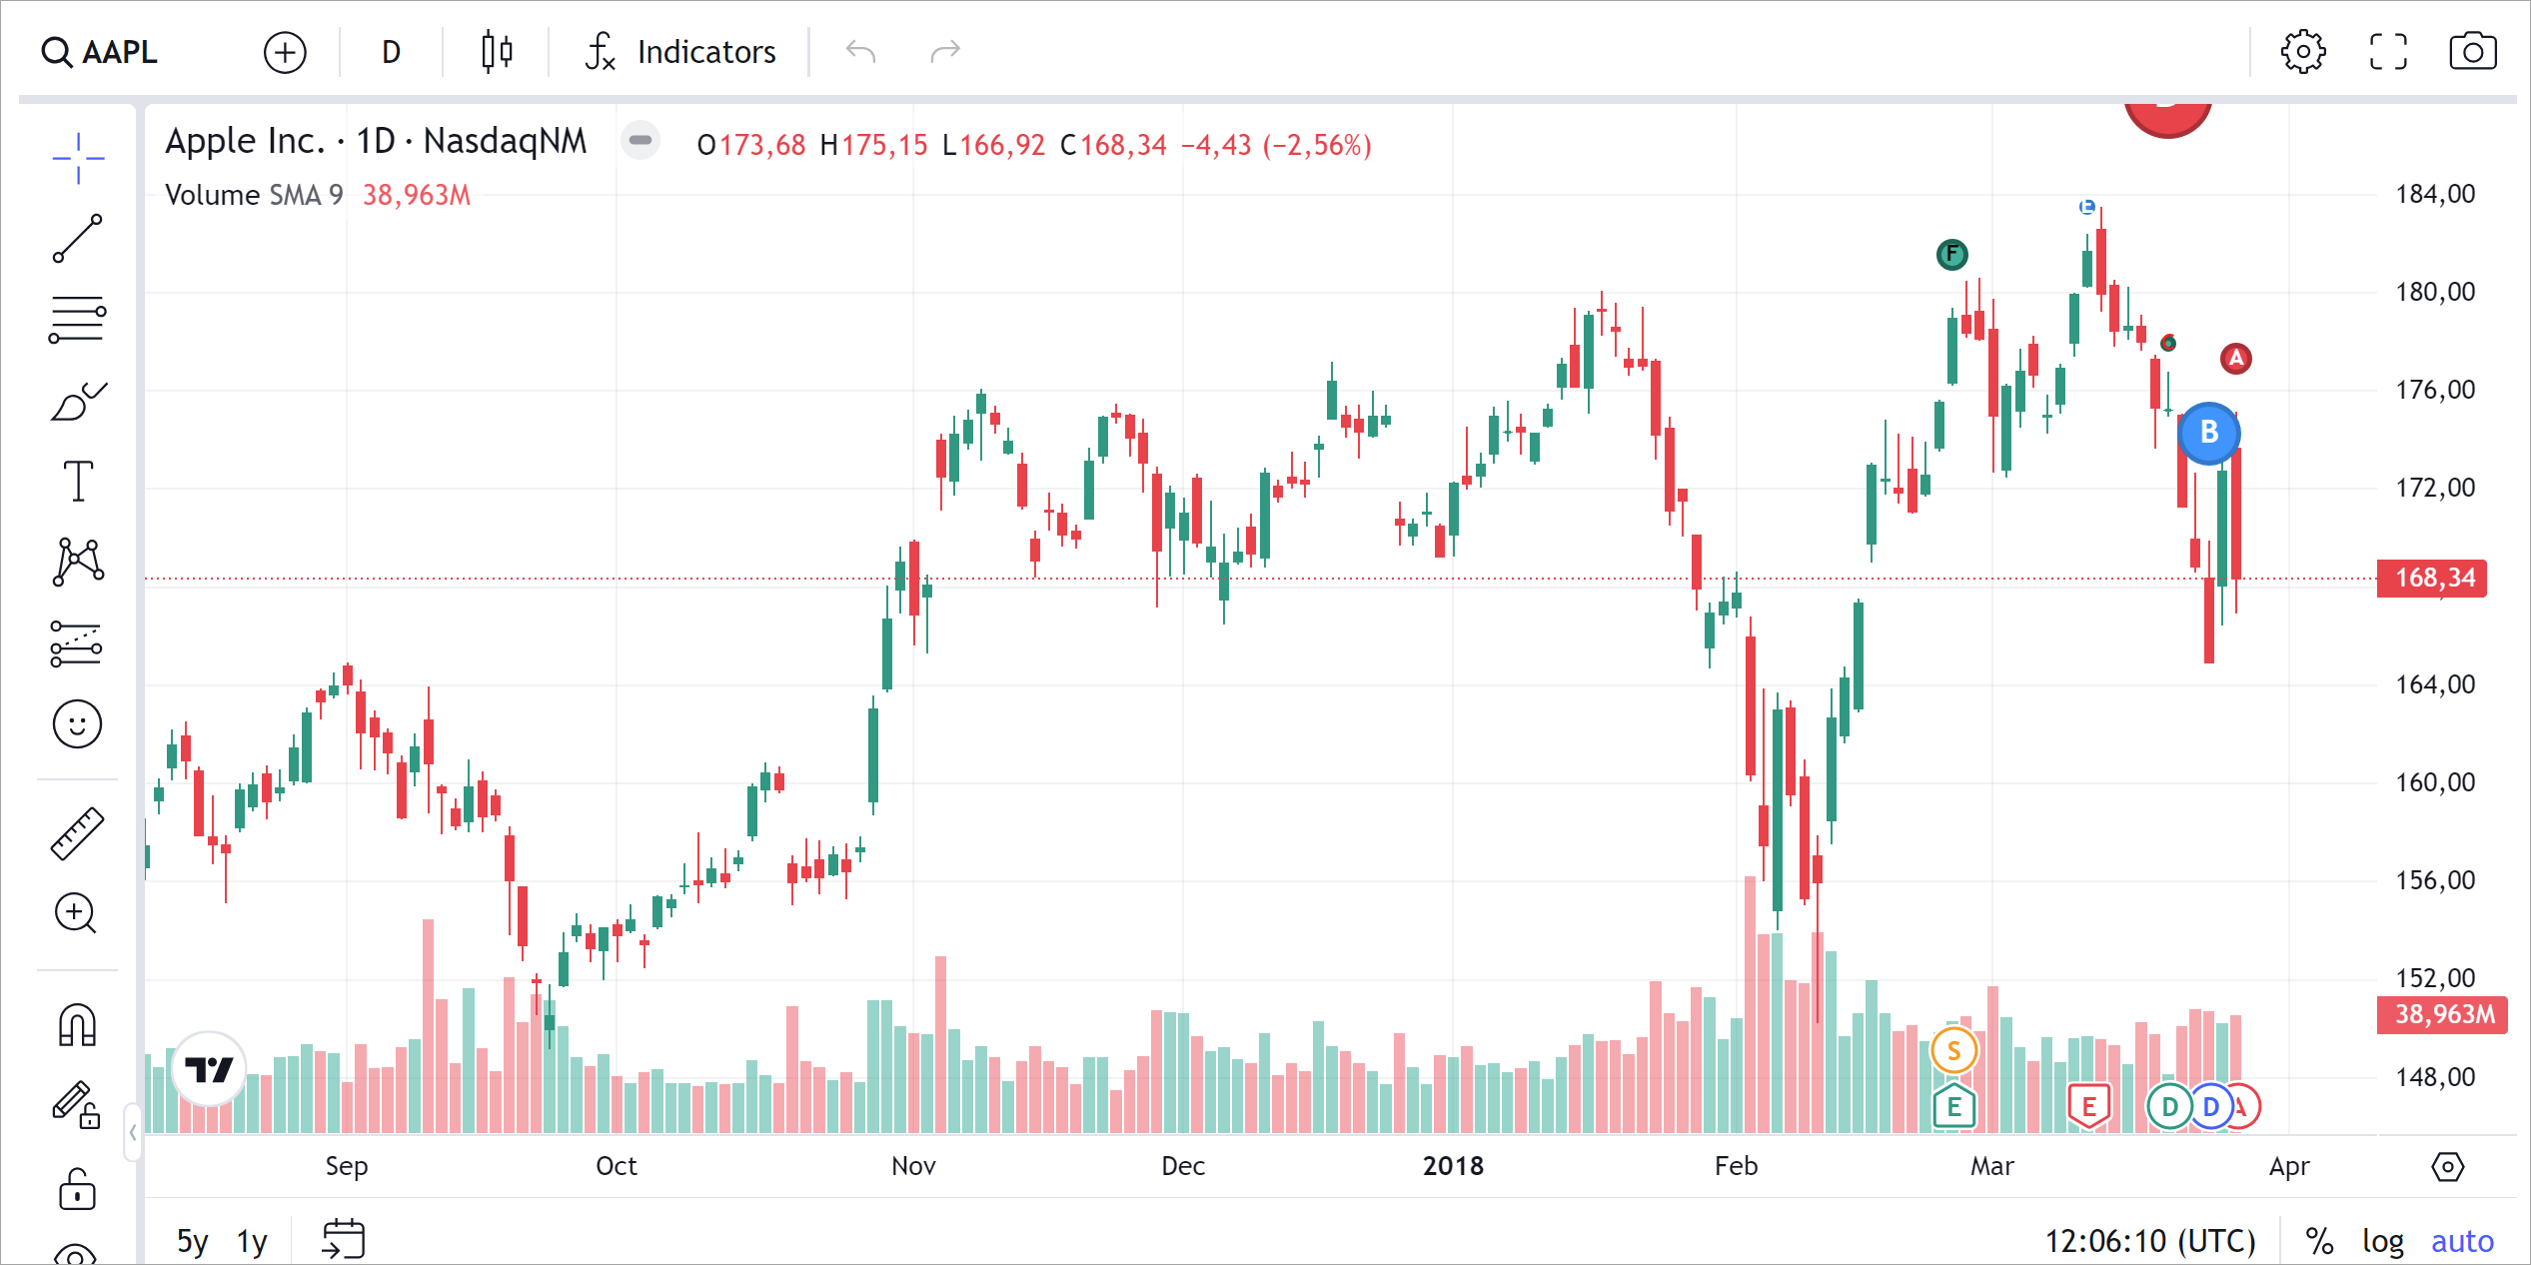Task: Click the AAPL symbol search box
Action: pyautogui.click(x=100, y=52)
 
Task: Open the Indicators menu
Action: pyautogui.click(x=681, y=52)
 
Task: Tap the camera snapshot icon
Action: pyautogui.click(x=2472, y=52)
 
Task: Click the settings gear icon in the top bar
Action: pyautogui.click(x=2302, y=52)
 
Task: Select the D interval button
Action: pyautogui.click(x=391, y=52)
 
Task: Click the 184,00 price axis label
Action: pyautogui.click(x=2435, y=194)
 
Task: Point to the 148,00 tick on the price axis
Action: pyautogui.click(x=2435, y=1077)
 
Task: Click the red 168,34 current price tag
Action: pyautogui.click(x=2433, y=578)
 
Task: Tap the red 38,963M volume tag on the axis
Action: pyautogui.click(x=2443, y=1014)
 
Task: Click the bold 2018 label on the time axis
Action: pyautogui.click(x=1453, y=1166)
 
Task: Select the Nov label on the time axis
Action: pyautogui.click(x=913, y=1166)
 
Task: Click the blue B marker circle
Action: pyautogui.click(x=2208, y=433)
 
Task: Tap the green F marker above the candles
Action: pyautogui.click(x=1951, y=255)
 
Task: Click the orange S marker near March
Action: pyautogui.click(x=1953, y=1050)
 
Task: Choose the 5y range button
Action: pyautogui.click(x=192, y=1241)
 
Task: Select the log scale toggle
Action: pyautogui.click(x=2382, y=1241)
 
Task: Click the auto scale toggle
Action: pyautogui.click(x=2462, y=1241)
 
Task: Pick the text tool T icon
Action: pyautogui.click(x=78, y=481)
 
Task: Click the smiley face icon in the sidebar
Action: pyautogui.click(x=78, y=723)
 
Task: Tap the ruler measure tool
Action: pyautogui.click(x=78, y=833)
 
